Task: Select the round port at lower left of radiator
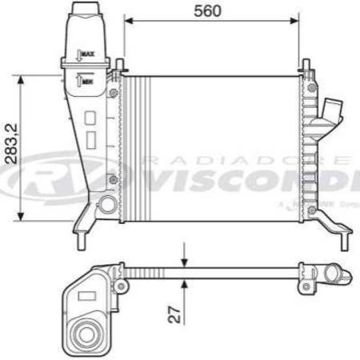tap(107, 205)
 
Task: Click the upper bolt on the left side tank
tap(113, 94)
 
